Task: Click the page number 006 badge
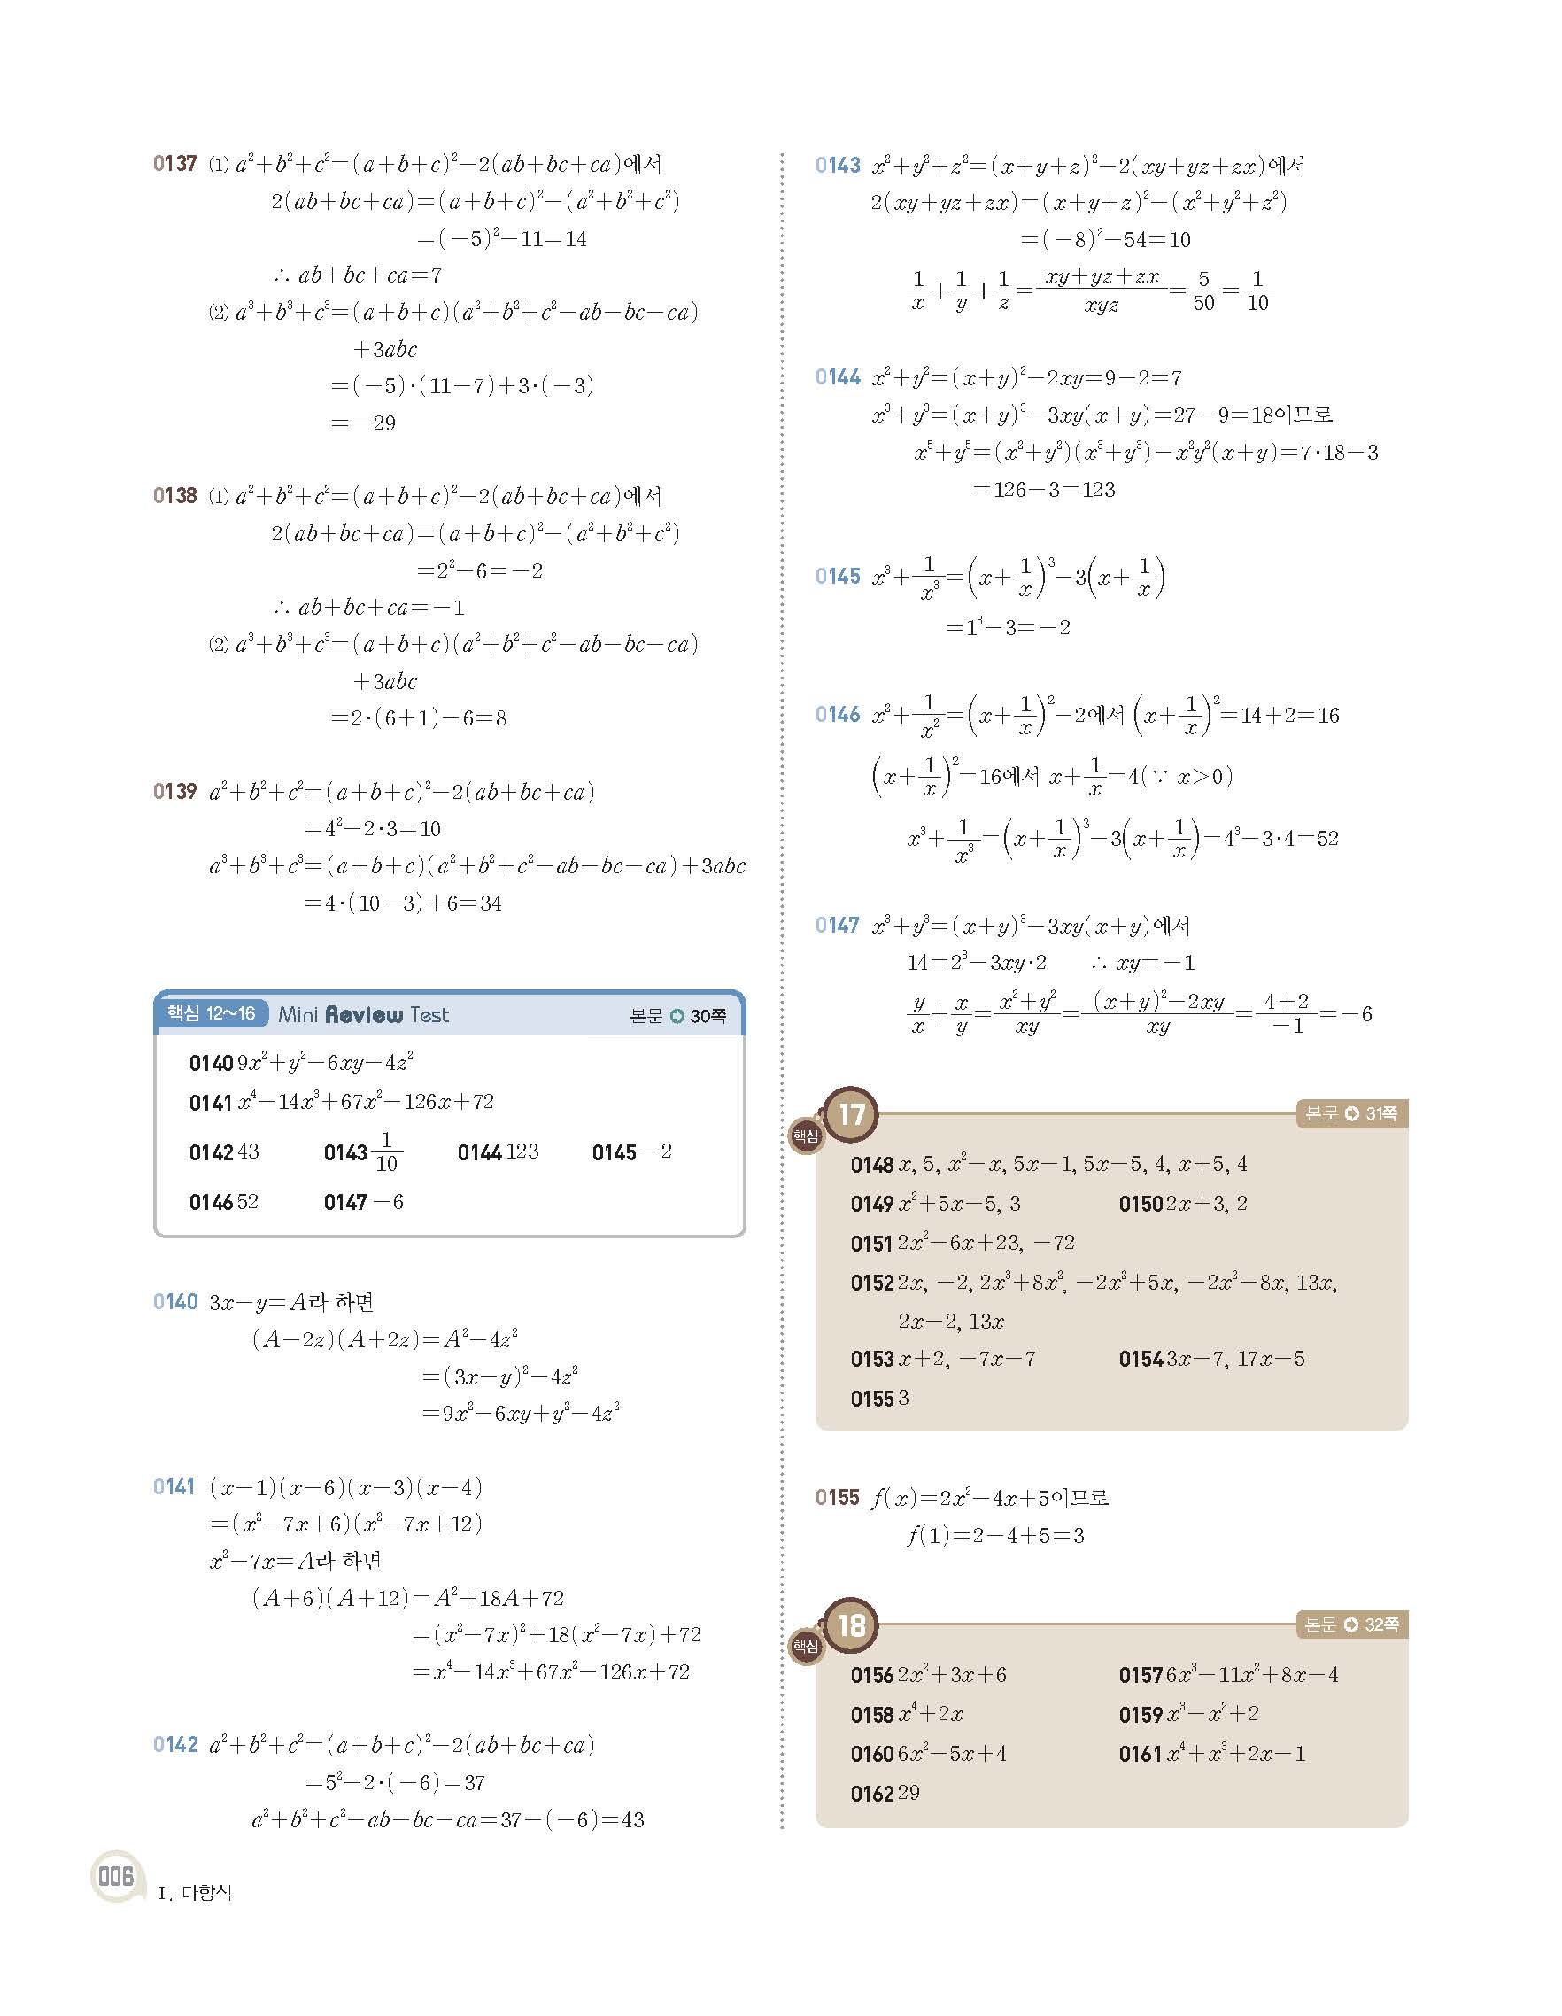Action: coord(116,1877)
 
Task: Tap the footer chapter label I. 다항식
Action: coord(196,1893)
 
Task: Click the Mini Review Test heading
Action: coord(364,1015)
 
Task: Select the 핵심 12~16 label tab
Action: coord(212,1013)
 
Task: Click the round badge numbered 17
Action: coord(851,1114)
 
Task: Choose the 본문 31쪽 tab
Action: coord(1350,1114)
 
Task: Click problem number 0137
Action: coord(175,164)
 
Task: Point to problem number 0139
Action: coord(175,792)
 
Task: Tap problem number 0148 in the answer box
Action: coord(872,1165)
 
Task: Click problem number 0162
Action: coord(872,1794)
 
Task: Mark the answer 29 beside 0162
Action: coord(909,1793)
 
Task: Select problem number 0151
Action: coord(872,1244)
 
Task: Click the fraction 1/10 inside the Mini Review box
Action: coord(387,1153)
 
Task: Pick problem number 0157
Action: coord(1141,1675)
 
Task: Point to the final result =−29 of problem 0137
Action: coord(364,423)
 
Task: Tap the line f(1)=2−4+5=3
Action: coord(995,1536)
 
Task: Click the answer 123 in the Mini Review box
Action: coord(522,1152)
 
